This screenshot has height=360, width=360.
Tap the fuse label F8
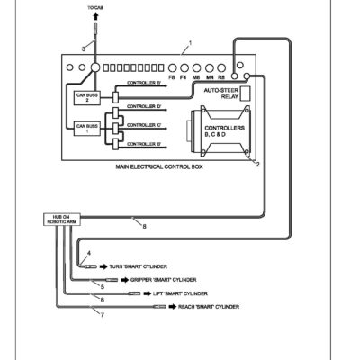(172, 78)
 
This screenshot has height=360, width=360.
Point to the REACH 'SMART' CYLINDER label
(209, 306)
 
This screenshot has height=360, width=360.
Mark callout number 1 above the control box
(190, 43)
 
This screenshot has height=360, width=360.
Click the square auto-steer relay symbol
(244, 92)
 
